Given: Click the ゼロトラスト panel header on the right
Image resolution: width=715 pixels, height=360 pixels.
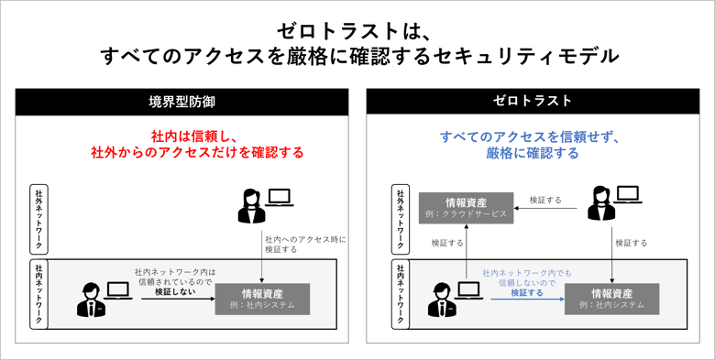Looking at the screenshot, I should click(x=533, y=101).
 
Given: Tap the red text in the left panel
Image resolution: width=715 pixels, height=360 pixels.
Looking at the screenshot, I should click(x=196, y=143).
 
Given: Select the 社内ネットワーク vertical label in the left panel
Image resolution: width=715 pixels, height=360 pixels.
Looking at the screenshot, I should click(x=38, y=294).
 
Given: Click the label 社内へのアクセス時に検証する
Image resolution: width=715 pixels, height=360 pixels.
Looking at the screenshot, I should click(x=300, y=243).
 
